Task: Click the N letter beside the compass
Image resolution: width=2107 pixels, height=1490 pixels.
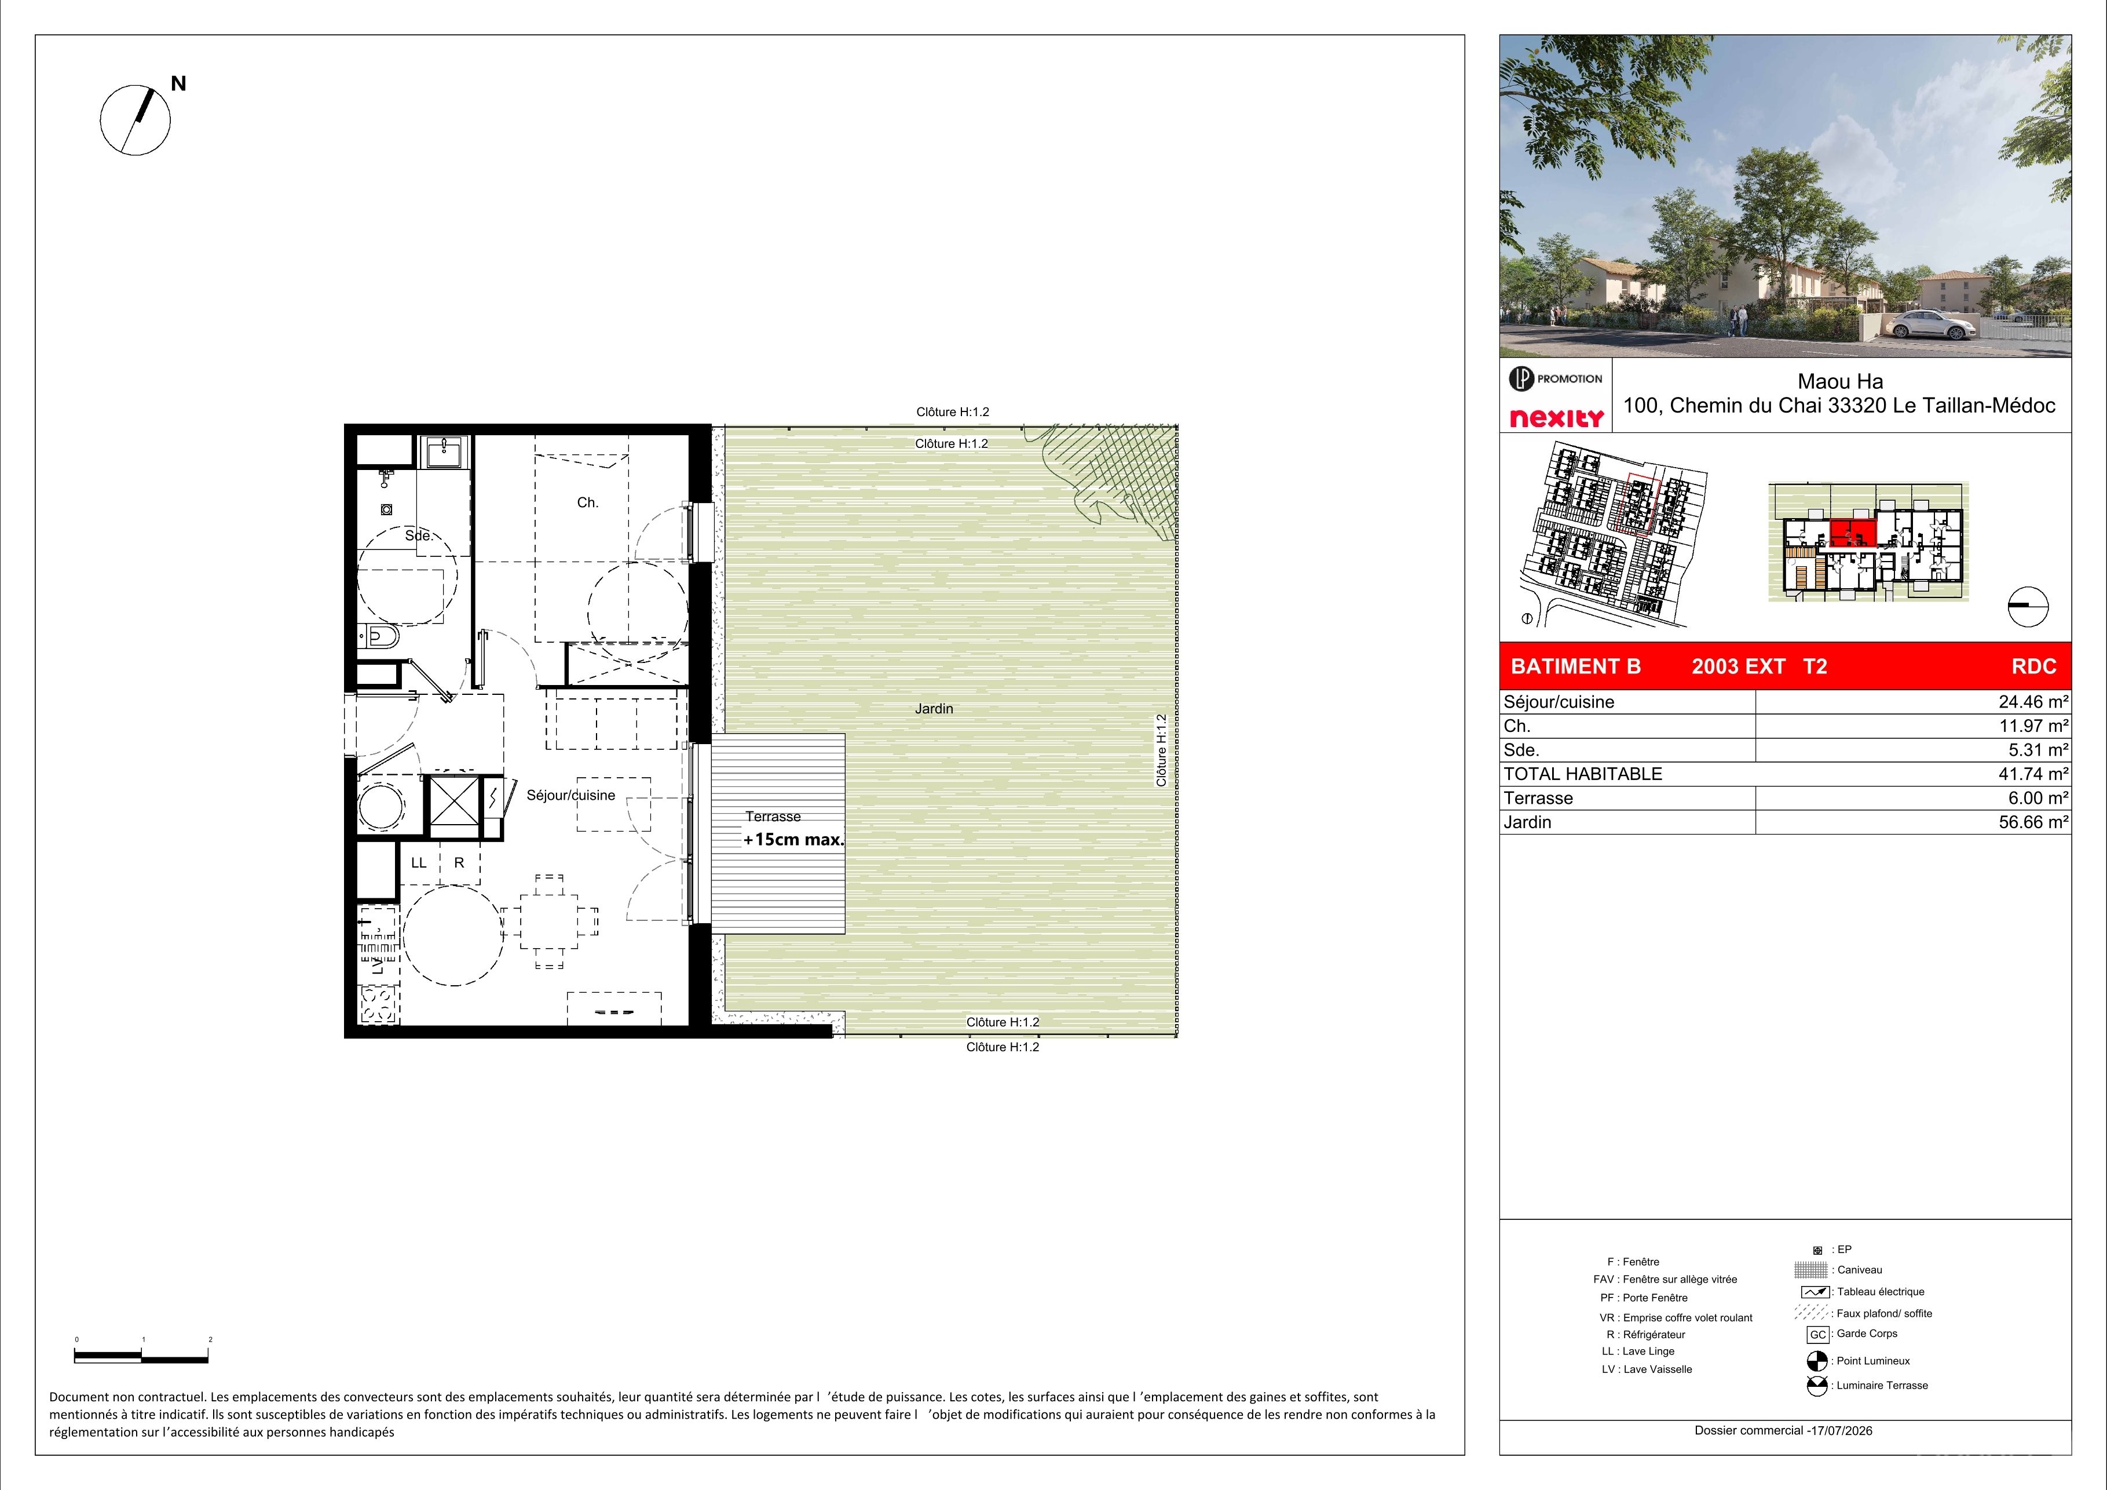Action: [x=178, y=83]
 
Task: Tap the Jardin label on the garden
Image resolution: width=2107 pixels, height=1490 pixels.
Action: [x=933, y=709]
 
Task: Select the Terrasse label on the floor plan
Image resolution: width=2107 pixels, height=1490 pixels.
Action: [x=773, y=816]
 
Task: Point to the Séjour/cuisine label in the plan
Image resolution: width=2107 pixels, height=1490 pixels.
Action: [x=571, y=795]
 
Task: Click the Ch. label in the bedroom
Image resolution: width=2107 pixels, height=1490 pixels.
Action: [x=587, y=502]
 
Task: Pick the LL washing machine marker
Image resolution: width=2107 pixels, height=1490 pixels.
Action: [x=419, y=863]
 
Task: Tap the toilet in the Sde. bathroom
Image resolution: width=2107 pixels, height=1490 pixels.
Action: [x=378, y=636]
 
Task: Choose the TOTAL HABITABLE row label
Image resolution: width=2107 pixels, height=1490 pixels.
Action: [x=1583, y=774]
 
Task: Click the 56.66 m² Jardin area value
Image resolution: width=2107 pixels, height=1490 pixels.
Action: [x=2033, y=822]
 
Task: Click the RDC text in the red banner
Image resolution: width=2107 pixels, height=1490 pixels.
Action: [x=2035, y=666]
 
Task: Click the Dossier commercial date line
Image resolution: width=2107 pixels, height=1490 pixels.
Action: [x=1784, y=1430]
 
